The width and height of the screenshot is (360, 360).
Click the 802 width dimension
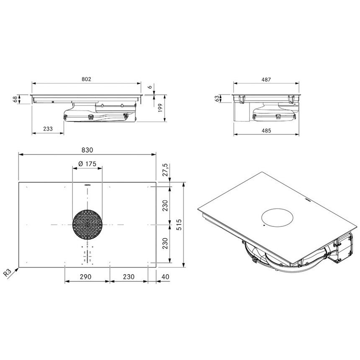coord(86,79)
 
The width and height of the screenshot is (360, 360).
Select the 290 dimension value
coord(86,277)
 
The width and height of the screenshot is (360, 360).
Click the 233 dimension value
coord(48,129)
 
